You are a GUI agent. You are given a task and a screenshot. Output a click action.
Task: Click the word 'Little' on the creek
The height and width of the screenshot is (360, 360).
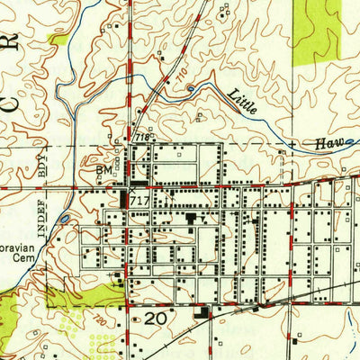(x=242, y=101)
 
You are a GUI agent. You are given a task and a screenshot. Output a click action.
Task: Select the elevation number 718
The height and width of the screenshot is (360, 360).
(x=141, y=137)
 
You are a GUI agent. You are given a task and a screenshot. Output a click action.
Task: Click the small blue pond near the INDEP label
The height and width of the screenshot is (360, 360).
(x=65, y=218)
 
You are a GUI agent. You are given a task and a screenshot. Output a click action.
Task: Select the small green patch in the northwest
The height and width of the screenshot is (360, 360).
(x=58, y=40)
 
